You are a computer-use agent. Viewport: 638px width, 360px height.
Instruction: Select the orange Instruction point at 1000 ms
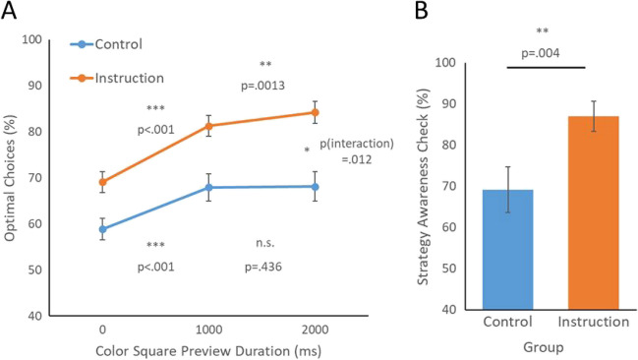coord(207,125)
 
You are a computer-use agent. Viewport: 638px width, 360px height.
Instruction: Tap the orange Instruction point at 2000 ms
coord(315,112)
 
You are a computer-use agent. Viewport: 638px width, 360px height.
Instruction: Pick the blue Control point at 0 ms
coord(102,229)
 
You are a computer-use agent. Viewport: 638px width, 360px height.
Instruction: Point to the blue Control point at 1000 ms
coord(207,187)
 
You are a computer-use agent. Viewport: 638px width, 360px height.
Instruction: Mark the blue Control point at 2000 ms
coord(315,186)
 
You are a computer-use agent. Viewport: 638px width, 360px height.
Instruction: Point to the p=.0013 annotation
coord(263,86)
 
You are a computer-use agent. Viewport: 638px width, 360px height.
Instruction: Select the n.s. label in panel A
coord(259,244)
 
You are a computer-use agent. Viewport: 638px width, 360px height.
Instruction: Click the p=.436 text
coord(259,266)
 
